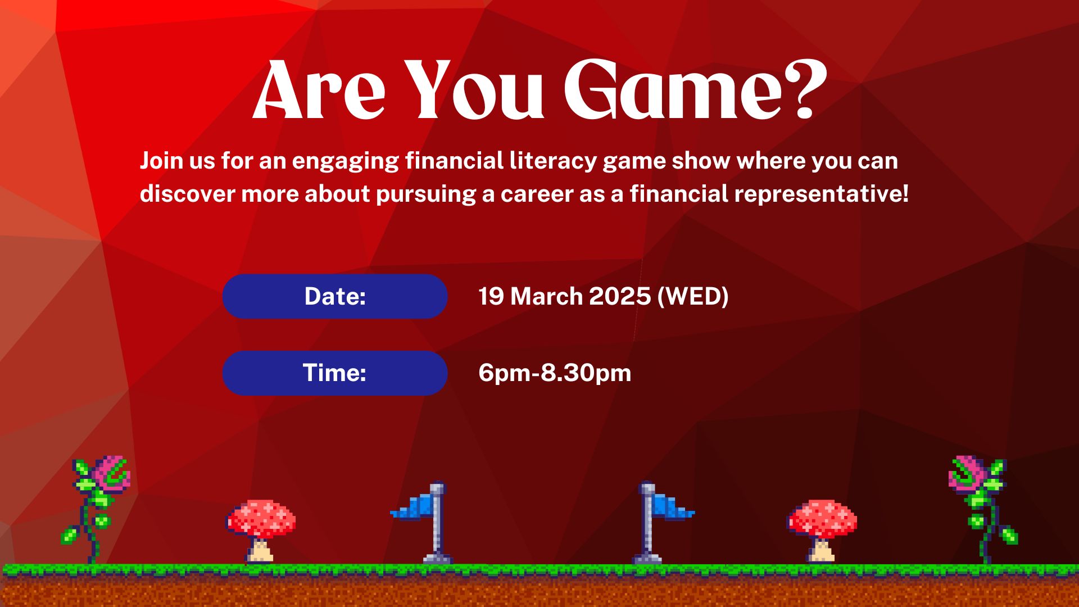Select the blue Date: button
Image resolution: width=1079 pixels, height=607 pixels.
[x=335, y=296]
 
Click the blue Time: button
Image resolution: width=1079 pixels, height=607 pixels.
[x=335, y=373]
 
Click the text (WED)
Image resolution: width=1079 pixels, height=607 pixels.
[x=693, y=296]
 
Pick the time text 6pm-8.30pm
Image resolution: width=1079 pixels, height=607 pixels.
[x=555, y=373]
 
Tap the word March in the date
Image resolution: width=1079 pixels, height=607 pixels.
[x=546, y=296]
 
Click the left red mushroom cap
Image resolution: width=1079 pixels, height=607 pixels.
[x=261, y=519]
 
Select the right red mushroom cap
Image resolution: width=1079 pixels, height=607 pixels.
[x=822, y=519]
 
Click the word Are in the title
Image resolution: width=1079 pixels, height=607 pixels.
[x=319, y=90]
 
